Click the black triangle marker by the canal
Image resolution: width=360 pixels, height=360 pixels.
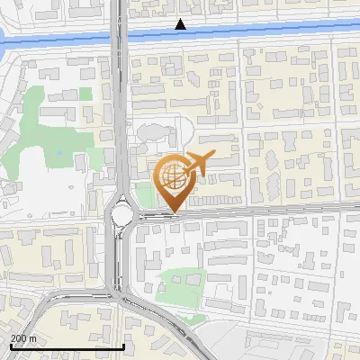coord(181,24)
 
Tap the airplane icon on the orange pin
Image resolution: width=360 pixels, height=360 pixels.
coord(198,164)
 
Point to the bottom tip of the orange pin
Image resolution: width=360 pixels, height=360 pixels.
coord(174,212)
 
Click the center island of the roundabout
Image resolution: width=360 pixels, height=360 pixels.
coord(122,214)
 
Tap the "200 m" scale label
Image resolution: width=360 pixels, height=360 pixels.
coord(23,338)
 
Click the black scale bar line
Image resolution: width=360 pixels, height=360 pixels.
coord(67,346)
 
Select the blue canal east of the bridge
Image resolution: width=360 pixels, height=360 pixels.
coord(252,32)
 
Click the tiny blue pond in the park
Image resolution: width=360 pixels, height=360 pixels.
coord(59,153)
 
